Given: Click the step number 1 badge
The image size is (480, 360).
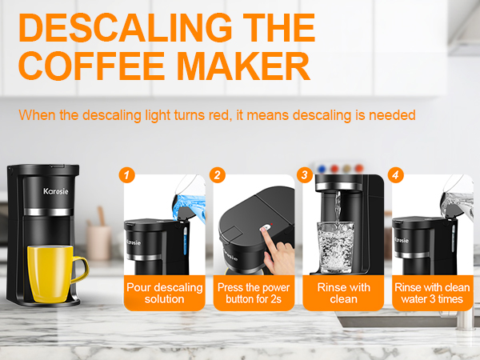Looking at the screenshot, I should (x=125, y=174).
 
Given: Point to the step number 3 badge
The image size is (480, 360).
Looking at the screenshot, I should (x=305, y=174).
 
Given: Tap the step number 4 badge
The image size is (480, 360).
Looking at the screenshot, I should (x=394, y=174).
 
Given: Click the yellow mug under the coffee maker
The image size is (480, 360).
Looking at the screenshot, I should (x=50, y=275).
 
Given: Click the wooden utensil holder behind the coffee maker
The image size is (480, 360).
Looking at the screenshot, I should (x=99, y=240).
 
